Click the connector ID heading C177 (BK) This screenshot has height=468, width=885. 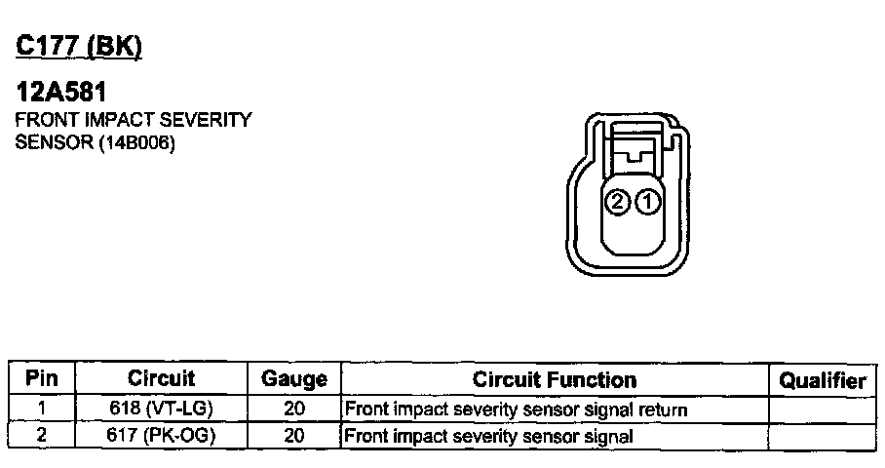[x=79, y=46]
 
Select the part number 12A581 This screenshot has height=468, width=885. [x=62, y=94]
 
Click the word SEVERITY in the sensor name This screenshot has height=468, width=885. [x=210, y=120]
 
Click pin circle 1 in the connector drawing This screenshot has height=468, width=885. [x=647, y=202]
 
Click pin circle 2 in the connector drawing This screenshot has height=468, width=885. [x=617, y=202]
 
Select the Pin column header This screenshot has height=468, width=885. [x=41, y=378]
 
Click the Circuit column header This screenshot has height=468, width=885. [x=161, y=378]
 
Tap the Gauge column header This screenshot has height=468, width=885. [x=294, y=378]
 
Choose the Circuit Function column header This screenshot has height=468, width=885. [x=554, y=378]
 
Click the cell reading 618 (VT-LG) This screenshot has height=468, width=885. [x=161, y=409]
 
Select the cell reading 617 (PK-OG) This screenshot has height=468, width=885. [x=161, y=435]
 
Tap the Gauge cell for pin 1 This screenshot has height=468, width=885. [x=294, y=409]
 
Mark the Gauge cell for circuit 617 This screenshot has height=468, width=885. [x=294, y=435]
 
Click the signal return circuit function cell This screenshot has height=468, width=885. [x=517, y=409]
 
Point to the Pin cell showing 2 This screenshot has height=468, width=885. [x=41, y=435]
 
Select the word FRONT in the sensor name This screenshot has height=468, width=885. [x=42, y=120]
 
